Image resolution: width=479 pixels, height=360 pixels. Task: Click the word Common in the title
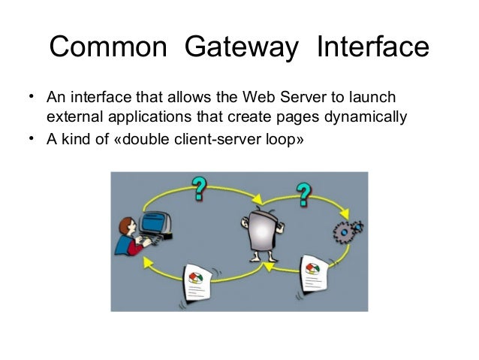110,48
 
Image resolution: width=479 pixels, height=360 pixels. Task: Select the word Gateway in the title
242,48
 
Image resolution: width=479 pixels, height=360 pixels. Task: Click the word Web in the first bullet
258,98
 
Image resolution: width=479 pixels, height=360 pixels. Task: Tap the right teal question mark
303,194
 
